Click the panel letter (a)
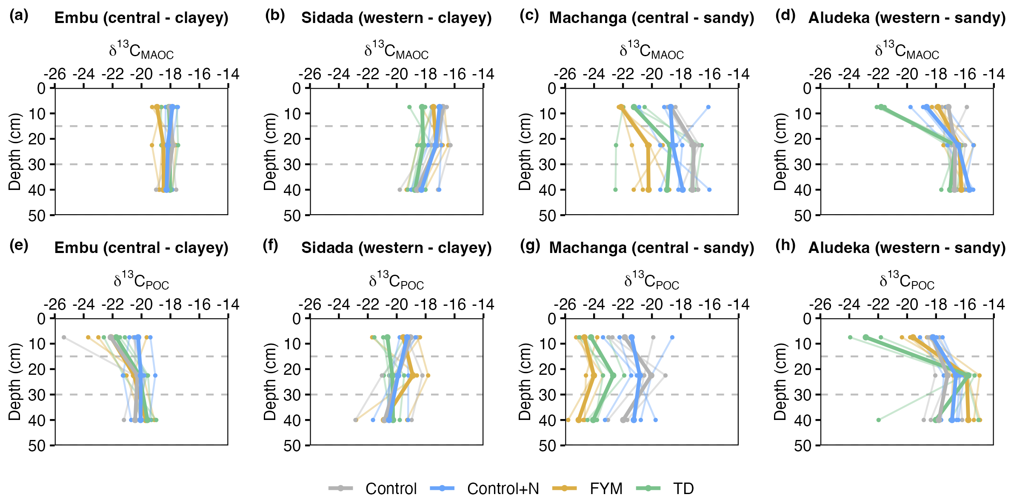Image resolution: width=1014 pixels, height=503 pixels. pyautogui.click(x=19, y=16)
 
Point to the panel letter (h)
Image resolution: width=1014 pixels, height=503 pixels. pyautogui.click(x=785, y=246)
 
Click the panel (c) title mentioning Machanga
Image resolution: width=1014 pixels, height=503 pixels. pyautogui.click(x=651, y=18)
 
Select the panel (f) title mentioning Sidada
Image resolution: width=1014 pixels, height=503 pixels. pyautogui.click(x=396, y=248)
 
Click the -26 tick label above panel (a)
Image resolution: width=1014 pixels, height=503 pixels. pyautogui.click(x=55, y=75)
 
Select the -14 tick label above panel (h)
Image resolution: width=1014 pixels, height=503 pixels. pyautogui.click(x=994, y=305)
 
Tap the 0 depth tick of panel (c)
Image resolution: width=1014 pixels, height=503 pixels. pyautogui.click(x=552, y=89)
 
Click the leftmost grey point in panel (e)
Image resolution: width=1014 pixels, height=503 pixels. pyautogui.click(x=64, y=337)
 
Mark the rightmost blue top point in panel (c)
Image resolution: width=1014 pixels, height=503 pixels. pyautogui.click(x=708, y=107)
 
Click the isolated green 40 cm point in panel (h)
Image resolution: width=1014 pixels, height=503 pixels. pyautogui.click(x=878, y=420)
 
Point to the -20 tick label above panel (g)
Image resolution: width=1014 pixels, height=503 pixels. pyautogui.click(x=651, y=305)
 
